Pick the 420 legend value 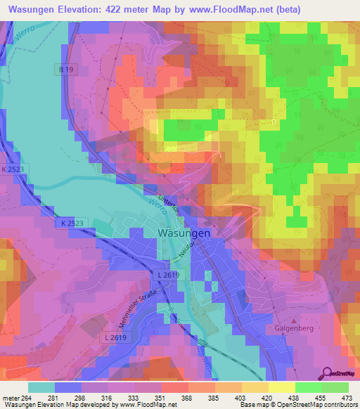268,398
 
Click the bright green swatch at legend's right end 335,387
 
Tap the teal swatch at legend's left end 41,387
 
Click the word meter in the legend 10,398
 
